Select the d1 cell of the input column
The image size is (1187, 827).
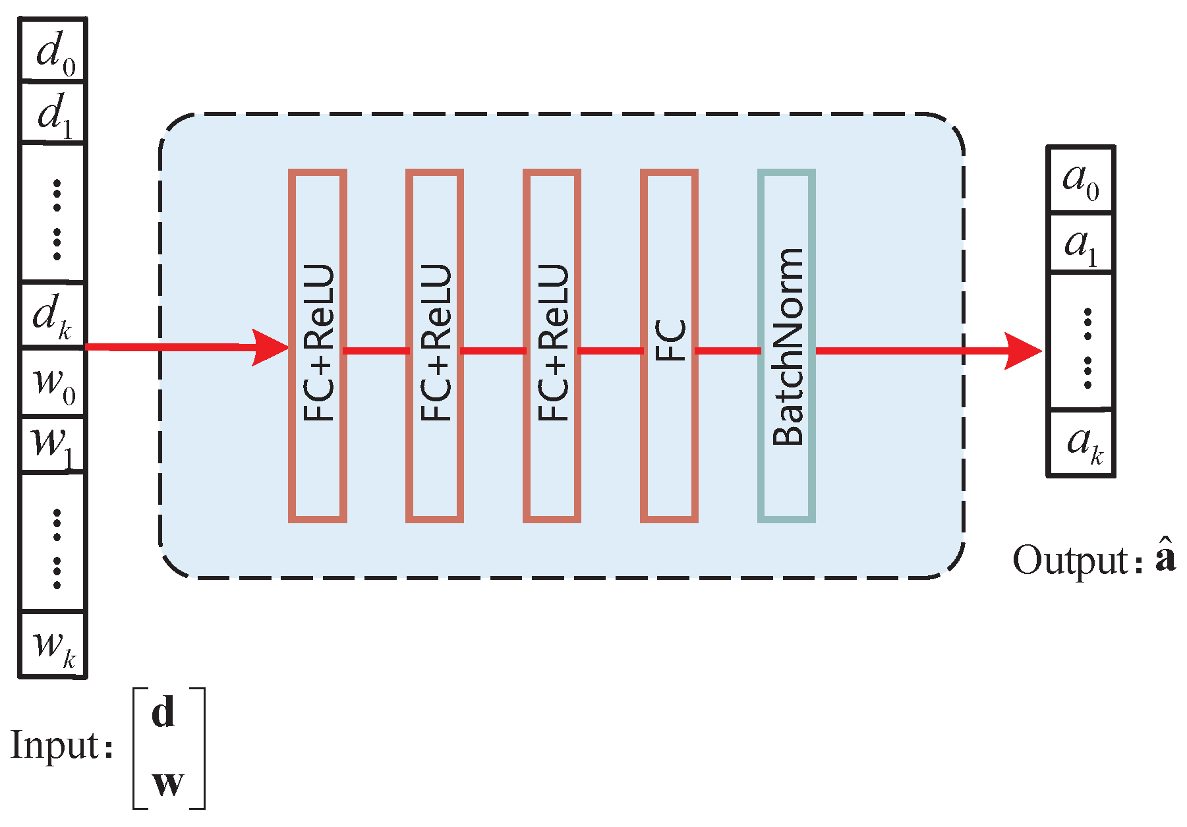[53, 113]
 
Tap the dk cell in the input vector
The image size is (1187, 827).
[53, 315]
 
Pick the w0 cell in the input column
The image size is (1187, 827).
[53, 382]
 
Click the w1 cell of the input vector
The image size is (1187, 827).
[53, 443]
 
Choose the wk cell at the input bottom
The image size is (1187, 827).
[53, 644]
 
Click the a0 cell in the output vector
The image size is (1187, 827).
[1080, 179]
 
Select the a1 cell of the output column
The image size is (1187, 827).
[1080, 243]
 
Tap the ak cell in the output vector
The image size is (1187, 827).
[1080, 442]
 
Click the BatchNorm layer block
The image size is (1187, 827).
[786, 346]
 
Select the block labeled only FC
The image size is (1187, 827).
[669, 346]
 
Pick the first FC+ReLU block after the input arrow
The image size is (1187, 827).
[318, 346]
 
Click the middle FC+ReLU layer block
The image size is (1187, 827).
[435, 346]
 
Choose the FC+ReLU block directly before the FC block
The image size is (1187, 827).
[552, 346]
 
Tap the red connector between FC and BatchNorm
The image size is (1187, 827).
[728, 351]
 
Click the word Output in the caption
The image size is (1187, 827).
[1070, 561]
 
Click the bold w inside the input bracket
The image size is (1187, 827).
[167, 783]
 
